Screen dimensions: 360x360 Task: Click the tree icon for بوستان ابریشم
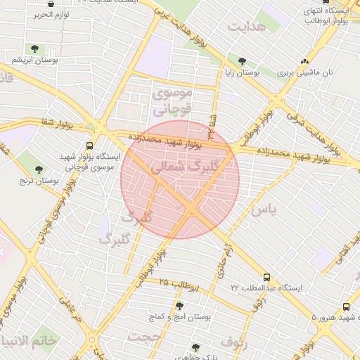tap(34, 49)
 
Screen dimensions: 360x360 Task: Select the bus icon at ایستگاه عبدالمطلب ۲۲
tap(266, 277)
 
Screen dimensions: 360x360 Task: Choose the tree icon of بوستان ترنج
tap(38, 169)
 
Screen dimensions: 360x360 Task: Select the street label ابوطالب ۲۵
tap(174, 283)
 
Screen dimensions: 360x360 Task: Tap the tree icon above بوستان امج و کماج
tap(180, 306)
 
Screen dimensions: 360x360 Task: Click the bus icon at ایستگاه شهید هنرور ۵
tap(346, 307)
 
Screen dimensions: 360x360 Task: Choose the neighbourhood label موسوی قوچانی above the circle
tap(172, 101)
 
